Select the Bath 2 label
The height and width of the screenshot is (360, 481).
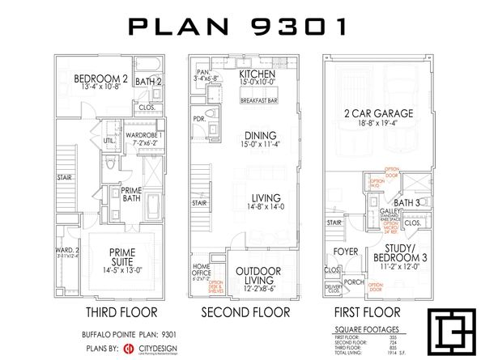[147, 81]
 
